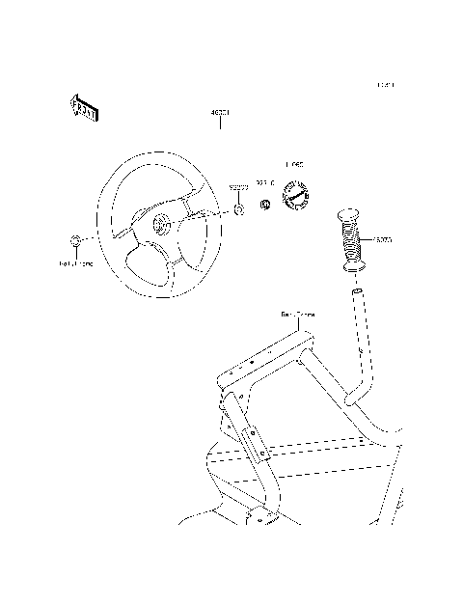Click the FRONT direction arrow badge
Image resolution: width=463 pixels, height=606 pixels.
coord(84,109)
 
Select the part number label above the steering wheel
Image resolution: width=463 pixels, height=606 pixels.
coord(219,113)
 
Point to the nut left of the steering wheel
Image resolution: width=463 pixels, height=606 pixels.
coord(75,239)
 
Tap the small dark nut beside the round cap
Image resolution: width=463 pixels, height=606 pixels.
coord(264,205)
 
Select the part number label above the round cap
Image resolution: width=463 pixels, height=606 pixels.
coord(293,167)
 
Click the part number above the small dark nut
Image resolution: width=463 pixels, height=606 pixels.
coord(264,182)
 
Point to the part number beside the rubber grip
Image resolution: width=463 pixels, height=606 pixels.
coord(383,238)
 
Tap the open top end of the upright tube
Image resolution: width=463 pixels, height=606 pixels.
coord(356,289)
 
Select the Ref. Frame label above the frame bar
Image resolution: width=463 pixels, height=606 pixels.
coord(297,315)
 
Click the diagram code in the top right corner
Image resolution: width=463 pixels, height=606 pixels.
coord(385,85)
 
